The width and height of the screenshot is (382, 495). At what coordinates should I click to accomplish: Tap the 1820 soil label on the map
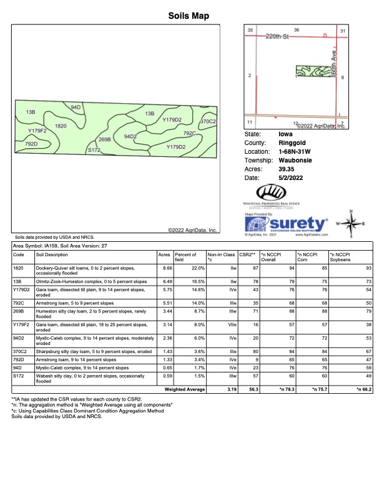(x=61, y=126)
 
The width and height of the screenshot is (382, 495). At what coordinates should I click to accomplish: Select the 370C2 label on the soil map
(x=208, y=121)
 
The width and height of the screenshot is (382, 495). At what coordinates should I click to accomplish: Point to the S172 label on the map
(x=94, y=150)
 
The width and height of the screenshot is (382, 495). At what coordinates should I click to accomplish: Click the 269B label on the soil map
(x=104, y=140)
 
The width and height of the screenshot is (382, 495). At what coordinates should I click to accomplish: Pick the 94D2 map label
(x=130, y=136)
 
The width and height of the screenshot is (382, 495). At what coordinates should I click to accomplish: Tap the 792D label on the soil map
(x=31, y=144)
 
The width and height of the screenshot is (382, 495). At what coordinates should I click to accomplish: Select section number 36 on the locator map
(x=296, y=30)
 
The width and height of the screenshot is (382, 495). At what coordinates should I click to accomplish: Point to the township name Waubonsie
(x=295, y=160)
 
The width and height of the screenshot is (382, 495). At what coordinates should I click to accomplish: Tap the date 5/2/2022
(x=291, y=177)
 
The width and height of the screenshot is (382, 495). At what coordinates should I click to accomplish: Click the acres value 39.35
(x=287, y=169)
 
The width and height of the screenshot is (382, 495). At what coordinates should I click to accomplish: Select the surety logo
(x=286, y=224)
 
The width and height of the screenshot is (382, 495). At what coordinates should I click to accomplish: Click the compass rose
(x=351, y=223)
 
